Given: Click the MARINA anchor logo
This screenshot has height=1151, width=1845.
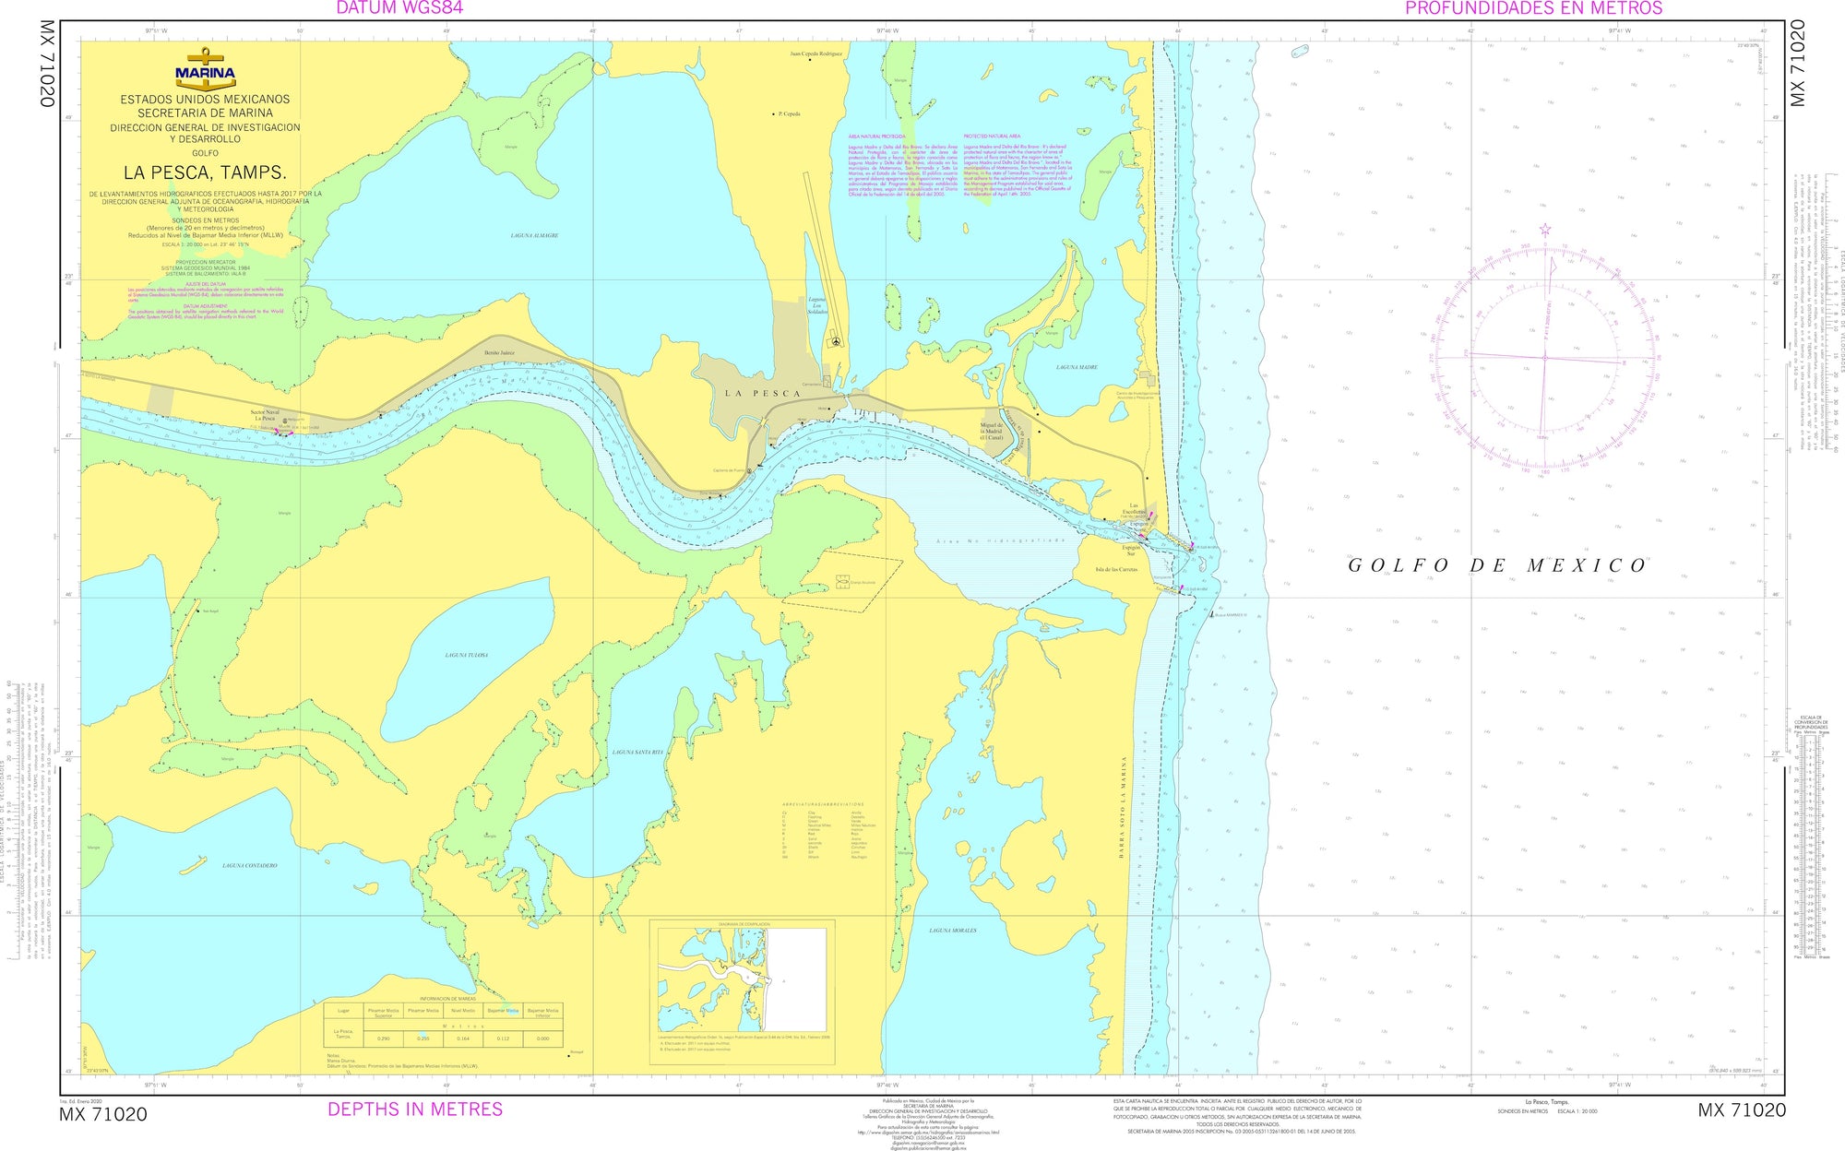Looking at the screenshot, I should pos(205,68).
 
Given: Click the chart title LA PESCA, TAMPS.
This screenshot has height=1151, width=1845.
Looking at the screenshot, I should pos(205,172).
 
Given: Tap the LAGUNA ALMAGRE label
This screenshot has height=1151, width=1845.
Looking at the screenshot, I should pos(534,236).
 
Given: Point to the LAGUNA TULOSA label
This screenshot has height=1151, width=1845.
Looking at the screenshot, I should pos(466,655).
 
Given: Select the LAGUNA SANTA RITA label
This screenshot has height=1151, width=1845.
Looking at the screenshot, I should pos(637,753).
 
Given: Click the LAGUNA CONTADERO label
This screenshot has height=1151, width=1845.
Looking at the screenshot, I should pos(249,865).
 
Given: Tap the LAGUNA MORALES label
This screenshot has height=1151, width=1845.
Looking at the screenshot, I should pos(953,931).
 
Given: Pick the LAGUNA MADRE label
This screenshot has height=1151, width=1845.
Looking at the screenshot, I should pos(1077,367).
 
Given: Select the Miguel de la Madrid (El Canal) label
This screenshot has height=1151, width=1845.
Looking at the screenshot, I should pos(991,431).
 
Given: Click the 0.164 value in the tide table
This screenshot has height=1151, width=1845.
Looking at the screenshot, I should pos(463,1038).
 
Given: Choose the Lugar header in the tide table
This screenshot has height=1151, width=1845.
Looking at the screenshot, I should pos(344,1011).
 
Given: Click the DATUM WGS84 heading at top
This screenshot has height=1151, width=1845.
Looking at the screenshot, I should pos(399,8).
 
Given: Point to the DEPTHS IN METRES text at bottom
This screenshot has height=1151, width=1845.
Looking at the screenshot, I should pos(415,1109).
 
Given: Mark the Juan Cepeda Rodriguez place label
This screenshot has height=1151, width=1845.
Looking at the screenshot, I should pos(815,53).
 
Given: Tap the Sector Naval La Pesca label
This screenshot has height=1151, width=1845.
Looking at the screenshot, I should pos(266,415).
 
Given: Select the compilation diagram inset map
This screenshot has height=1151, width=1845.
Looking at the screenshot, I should pos(742,979).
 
